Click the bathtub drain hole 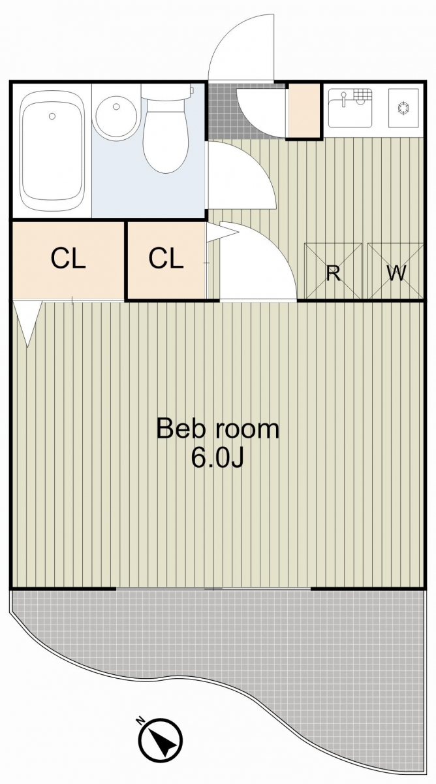click(x=52, y=116)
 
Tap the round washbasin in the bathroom click(x=116, y=116)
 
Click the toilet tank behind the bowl click(x=167, y=92)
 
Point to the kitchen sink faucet click(x=344, y=99)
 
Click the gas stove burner click(x=404, y=108)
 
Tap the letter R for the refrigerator click(x=334, y=273)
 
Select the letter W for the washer click(x=396, y=273)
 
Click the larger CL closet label click(x=68, y=259)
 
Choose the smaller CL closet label click(x=166, y=259)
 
